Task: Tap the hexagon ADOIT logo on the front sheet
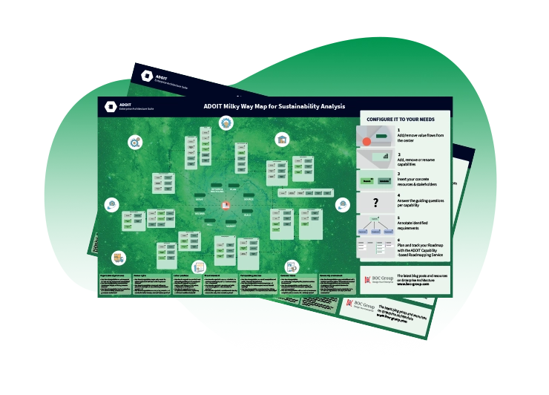[111, 106]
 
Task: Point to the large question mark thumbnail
[376, 203]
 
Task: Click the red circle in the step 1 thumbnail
[366, 141]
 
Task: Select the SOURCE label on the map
[249, 199]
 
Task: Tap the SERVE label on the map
[199, 199]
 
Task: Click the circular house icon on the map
[282, 139]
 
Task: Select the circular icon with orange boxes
[118, 258]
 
